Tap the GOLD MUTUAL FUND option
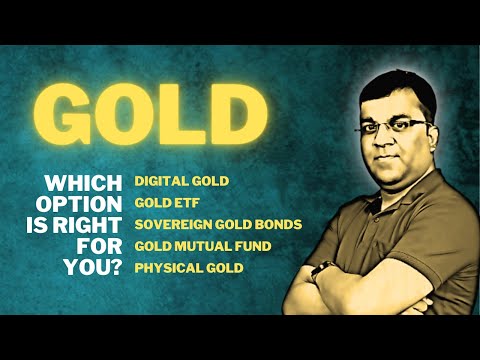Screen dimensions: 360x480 tap(203, 245)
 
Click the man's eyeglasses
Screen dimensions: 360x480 tap(401, 126)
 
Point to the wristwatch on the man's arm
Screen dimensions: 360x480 tap(322, 270)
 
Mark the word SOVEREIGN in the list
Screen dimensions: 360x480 tap(170, 224)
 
